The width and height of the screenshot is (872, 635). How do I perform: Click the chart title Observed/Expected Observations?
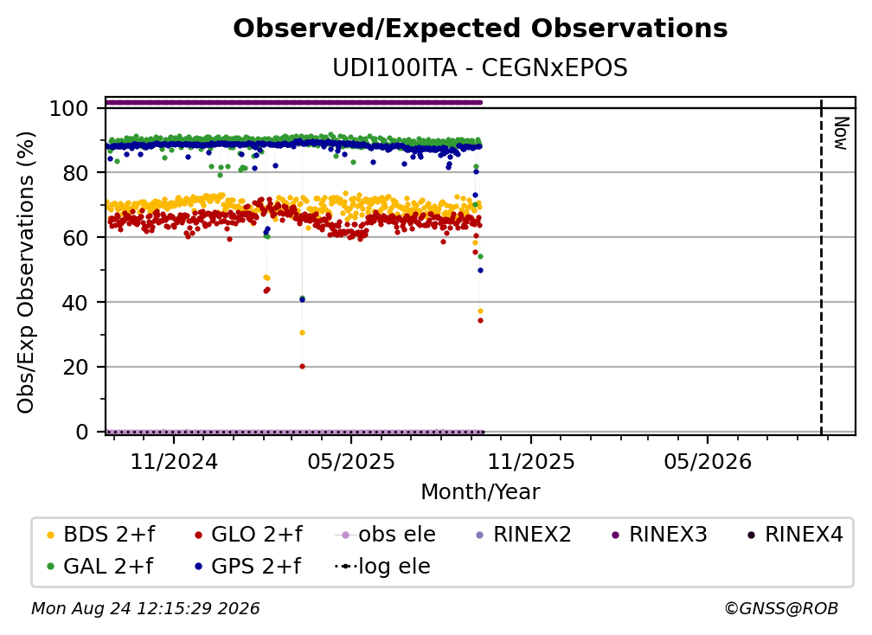[480, 29]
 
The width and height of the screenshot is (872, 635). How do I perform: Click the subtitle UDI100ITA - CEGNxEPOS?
[480, 68]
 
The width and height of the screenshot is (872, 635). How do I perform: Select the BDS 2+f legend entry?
[100, 535]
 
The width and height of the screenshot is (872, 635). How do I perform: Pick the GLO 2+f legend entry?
[248, 535]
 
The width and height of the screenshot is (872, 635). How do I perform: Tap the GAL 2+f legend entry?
[99, 566]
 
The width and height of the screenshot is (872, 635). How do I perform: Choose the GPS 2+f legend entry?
[248, 566]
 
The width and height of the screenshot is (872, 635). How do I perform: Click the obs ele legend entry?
[386, 535]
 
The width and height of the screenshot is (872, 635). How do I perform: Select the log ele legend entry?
[382, 566]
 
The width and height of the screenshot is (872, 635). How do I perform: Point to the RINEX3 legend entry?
[659, 535]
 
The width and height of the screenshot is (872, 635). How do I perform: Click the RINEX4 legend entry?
[795, 535]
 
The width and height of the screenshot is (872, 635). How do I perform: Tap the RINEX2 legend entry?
[523, 535]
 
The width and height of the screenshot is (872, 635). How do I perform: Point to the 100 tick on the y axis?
[69, 108]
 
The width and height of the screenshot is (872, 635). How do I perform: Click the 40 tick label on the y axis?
[75, 303]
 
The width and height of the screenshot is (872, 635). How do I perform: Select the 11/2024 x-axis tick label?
[174, 461]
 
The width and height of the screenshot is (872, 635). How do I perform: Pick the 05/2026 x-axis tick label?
[708, 461]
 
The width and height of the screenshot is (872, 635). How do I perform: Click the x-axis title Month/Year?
[480, 492]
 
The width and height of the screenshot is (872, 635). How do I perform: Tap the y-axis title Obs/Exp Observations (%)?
[26, 273]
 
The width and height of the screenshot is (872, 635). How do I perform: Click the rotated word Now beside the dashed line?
[841, 133]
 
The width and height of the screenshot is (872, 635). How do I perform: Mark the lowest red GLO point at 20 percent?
[302, 367]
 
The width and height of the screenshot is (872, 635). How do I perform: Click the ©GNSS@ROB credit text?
[781, 608]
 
